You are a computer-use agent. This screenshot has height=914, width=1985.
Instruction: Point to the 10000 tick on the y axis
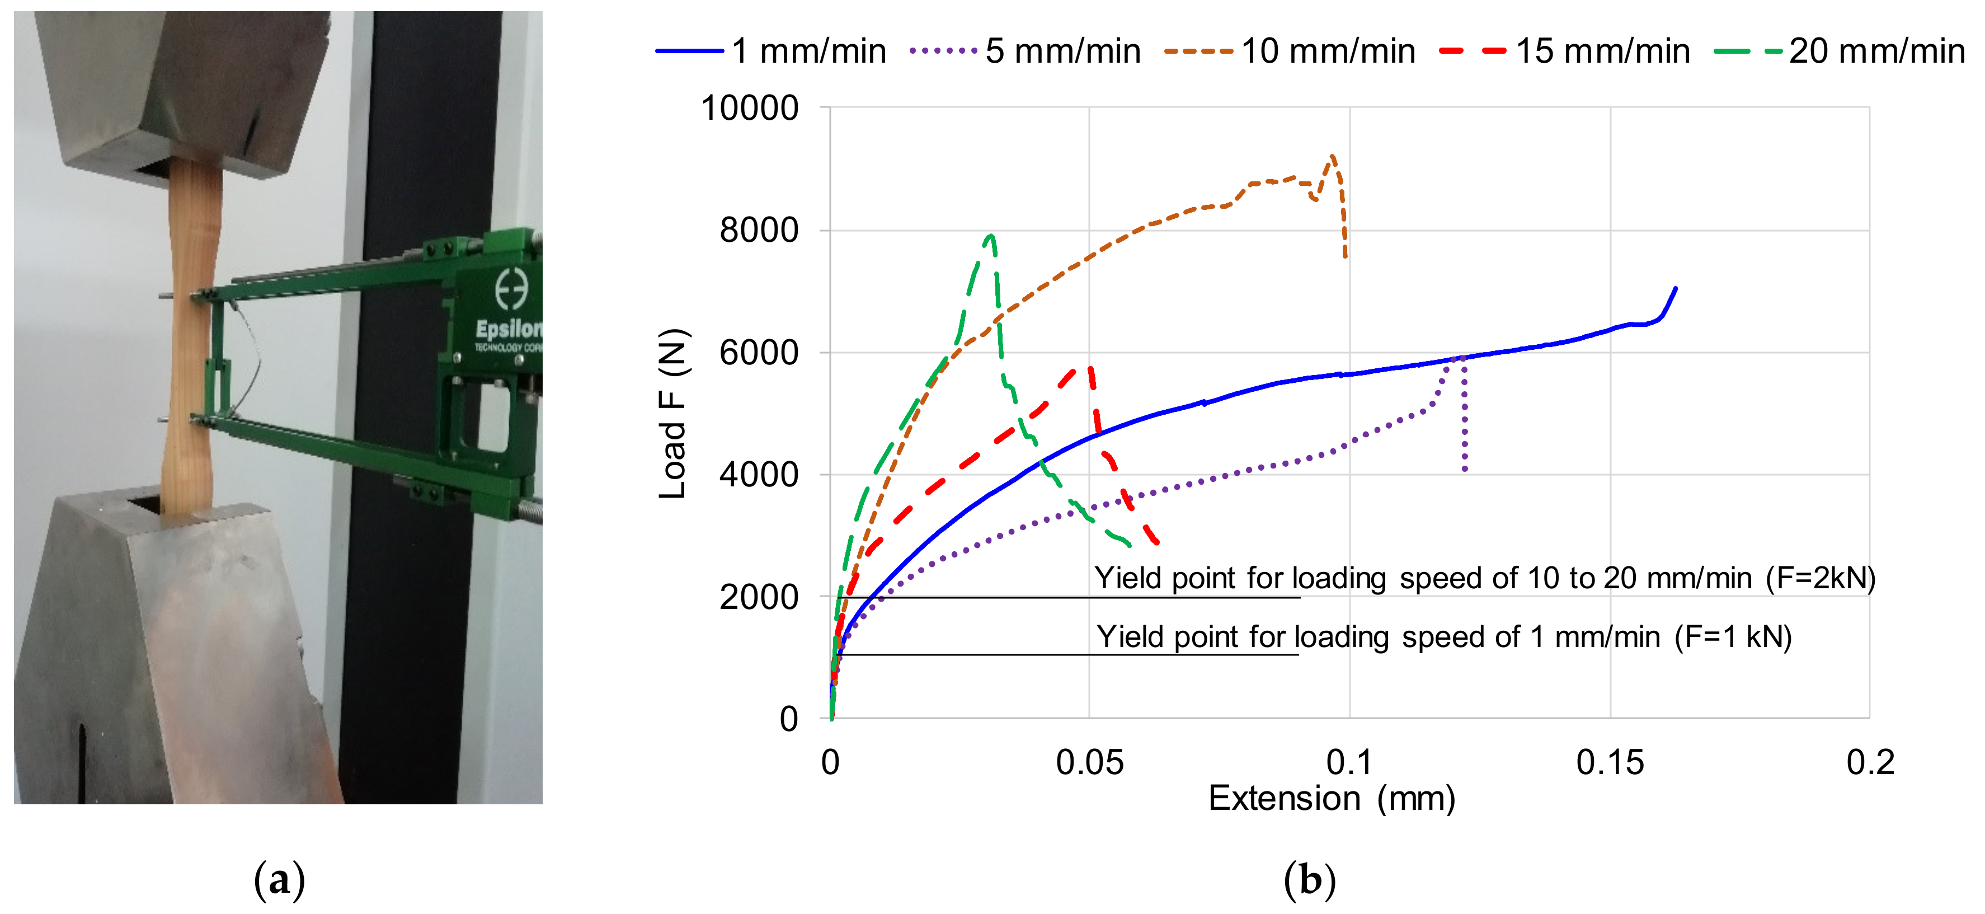click(749, 108)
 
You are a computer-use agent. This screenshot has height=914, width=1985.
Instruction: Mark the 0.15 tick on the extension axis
click(1609, 763)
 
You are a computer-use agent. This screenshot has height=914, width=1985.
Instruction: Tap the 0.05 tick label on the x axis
click(1089, 763)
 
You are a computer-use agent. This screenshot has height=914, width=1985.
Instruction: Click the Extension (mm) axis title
click(1331, 798)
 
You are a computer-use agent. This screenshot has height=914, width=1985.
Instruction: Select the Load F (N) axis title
click(672, 413)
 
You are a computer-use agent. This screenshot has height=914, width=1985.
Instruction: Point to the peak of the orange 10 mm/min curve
click(1332, 157)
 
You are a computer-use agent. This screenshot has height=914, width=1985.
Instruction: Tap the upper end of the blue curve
click(1675, 289)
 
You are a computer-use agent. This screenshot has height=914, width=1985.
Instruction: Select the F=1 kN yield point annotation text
click(1443, 638)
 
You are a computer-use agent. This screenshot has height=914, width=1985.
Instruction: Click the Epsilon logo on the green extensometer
click(509, 308)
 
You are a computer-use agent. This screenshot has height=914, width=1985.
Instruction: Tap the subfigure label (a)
click(279, 879)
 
